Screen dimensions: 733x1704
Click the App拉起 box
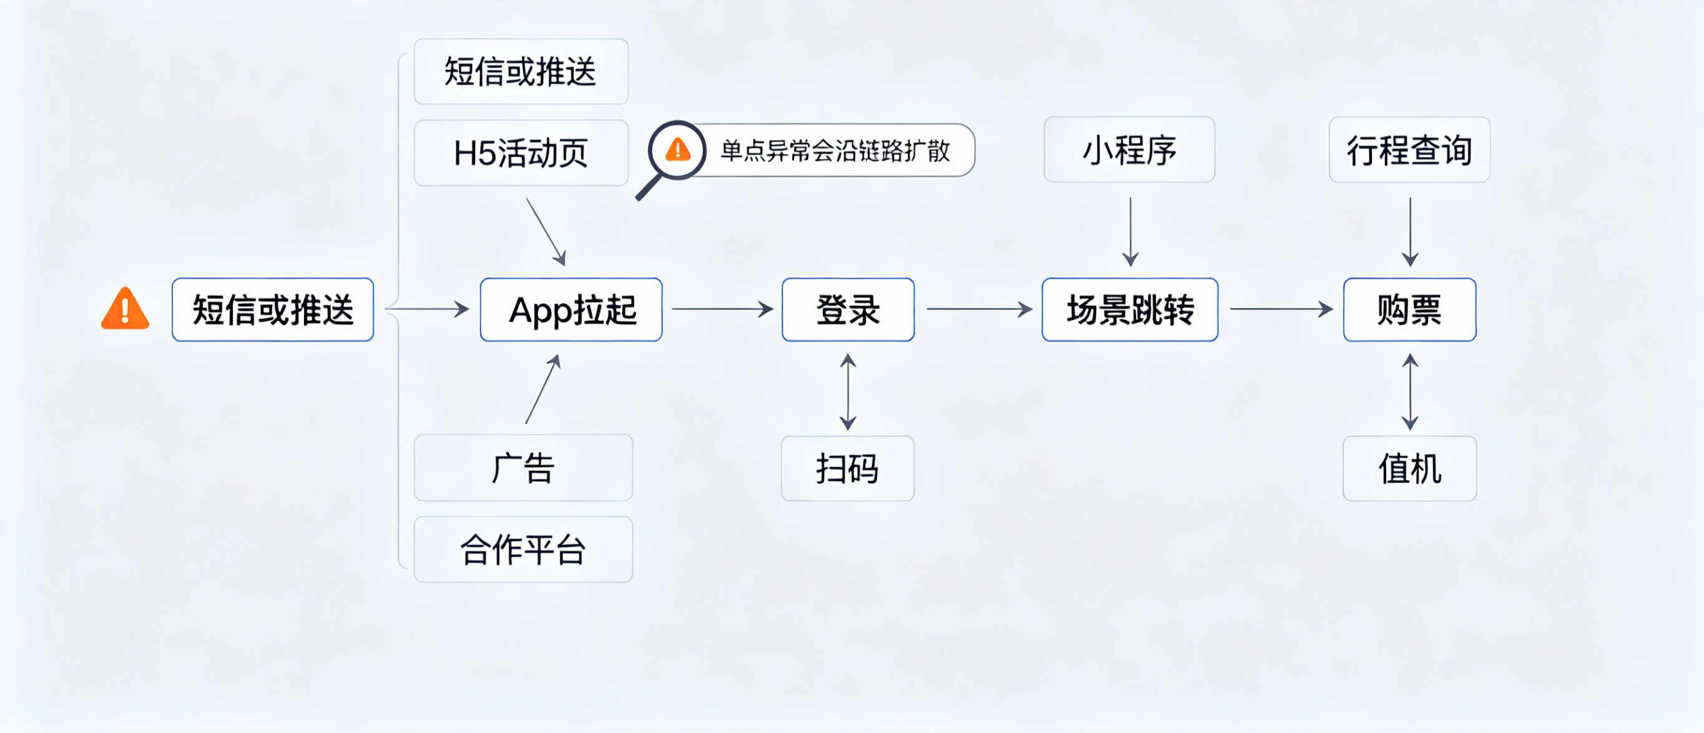(x=571, y=310)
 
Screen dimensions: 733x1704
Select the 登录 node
(x=848, y=310)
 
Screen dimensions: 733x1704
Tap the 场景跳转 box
(x=1129, y=310)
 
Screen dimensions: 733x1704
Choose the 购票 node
(x=1409, y=310)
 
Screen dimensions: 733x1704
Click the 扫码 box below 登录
(x=848, y=468)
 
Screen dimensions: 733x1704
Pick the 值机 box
(x=1409, y=468)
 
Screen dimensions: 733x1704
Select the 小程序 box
(x=1129, y=149)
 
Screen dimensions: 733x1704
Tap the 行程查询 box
(x=1409, y=149)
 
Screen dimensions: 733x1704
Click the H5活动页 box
(x=521, y=153)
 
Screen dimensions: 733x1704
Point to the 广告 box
(x=522, y=468)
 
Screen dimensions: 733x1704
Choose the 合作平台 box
(x=522, y=549)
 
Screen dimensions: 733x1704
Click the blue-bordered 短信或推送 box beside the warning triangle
(x=273, y=310)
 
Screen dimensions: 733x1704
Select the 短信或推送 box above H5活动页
(x=521, y=71)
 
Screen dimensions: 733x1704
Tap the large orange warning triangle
(x=125, y=310)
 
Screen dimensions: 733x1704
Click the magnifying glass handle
(x=649, y=187)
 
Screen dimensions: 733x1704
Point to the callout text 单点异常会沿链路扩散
(x=835, y=151)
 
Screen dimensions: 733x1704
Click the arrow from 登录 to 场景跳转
(x=978, y=309)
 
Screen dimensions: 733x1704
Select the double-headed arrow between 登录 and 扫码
(x=848, y=391)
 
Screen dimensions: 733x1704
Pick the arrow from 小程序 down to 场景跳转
(x=1130, y=232)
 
